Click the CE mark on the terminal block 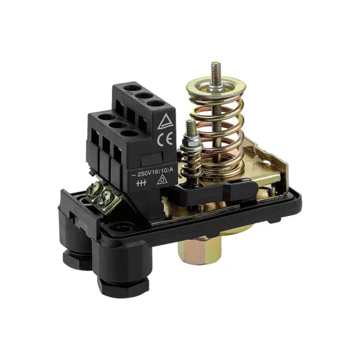(164, 139)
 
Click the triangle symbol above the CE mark (164, 121)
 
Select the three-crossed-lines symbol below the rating (141, 183)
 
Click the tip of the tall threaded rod (216, 62)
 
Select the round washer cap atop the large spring (216, 88)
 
